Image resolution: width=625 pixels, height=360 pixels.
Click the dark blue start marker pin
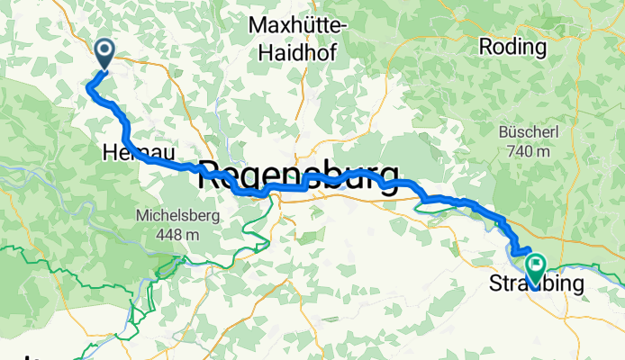tap(104, 53)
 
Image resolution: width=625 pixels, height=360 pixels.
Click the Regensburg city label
tap(298, 175)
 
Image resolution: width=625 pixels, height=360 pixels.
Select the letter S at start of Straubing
tap(495, 285)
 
